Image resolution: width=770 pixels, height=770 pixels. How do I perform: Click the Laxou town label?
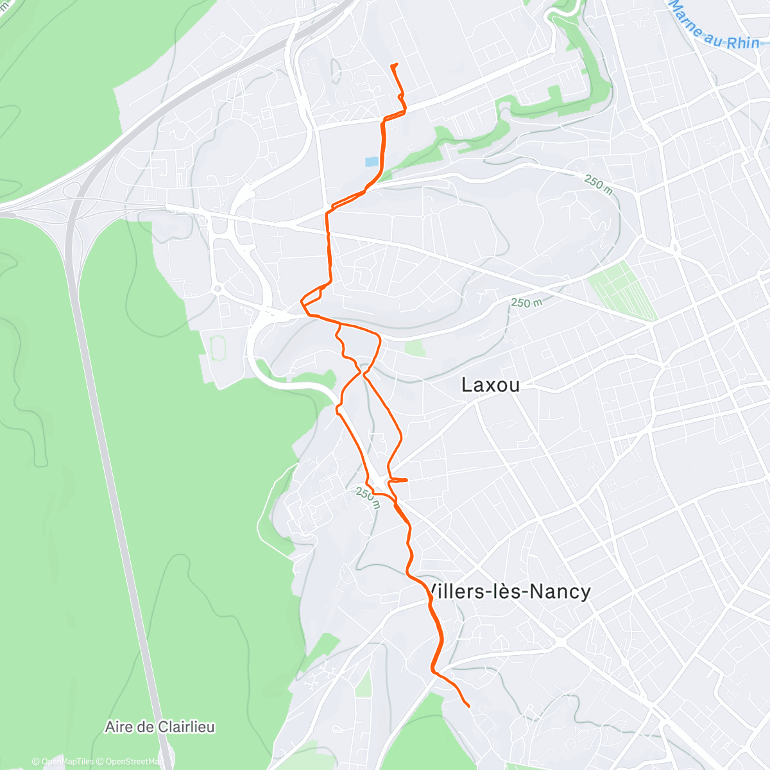pyautogui.click(x=490, y=385)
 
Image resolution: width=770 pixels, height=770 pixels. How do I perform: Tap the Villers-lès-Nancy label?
pyautogui.click(x=508, y=592)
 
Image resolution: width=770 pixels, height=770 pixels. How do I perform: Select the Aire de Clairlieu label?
pyautogui.click(x=160, y=727)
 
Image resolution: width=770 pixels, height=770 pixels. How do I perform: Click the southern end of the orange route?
pyautogui.click(x=468, y=706)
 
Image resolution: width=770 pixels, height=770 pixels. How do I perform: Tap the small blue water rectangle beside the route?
pyautogui.click(x=372, y=162)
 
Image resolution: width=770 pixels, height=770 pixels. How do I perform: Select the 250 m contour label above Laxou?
pyautogui.click(x=526, y=302)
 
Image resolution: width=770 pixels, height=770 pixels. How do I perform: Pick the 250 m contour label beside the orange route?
pyautogui.click(x=368, y=498)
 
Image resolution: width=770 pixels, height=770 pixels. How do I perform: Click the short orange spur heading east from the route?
pyautogui.click(x=399, y=479)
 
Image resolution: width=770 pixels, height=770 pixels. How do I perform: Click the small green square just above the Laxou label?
pyautogui.click(x=415, y=348)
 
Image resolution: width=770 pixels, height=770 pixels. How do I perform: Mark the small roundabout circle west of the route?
pyautogui.click(x=218, y=289)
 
